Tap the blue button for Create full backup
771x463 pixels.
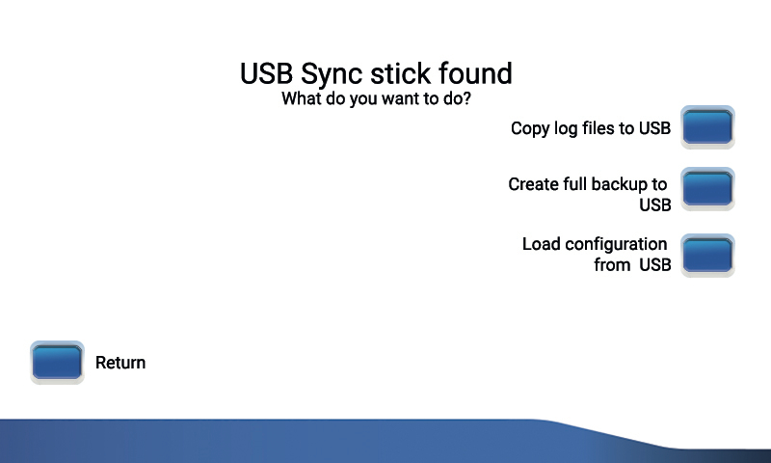click(708, 189)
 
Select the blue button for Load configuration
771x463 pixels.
click(708, 256)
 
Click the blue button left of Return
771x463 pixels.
click(57, 363)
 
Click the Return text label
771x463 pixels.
click(120, 363)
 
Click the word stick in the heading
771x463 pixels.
click(405, 74)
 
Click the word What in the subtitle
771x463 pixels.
click(302, 98)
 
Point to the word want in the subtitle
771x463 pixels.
click(402, 98)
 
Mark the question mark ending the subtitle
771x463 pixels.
click(465, 98)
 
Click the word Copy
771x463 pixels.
click(530, 128)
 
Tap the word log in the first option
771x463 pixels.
click(567, 128)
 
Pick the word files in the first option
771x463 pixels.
click(603, 128)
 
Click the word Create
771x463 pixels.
click(533, 184)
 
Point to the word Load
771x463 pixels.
click(541, 244)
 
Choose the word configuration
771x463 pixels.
click(616, 244)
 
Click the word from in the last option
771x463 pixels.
click(612, 264)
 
